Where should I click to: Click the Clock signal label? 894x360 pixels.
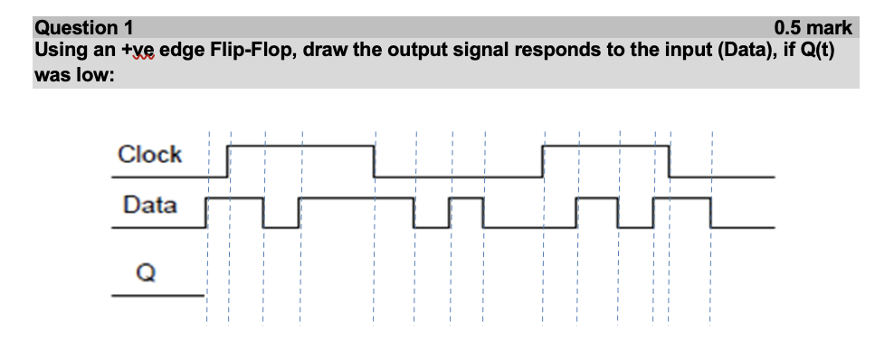pyautogui.click(x=149, y=155)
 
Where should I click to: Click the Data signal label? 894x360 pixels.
pyautogui.click(x=149, y=205)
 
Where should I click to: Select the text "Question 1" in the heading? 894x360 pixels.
pyautogui.click(x=80, y=28)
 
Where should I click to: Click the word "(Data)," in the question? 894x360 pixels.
pyautogui.click(x=746, y=49)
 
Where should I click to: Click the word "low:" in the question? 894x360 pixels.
pyautogui.click(x=95, y=74)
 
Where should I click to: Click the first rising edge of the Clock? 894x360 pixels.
pyautogui.click(x=228, y=160)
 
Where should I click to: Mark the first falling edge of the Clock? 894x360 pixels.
pyautogui.click(x=374, y=160)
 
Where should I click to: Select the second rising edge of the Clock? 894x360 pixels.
pyautogui.click(x=542, y=160)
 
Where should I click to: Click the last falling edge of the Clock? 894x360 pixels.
pyautogui.click(x=669, y=160)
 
